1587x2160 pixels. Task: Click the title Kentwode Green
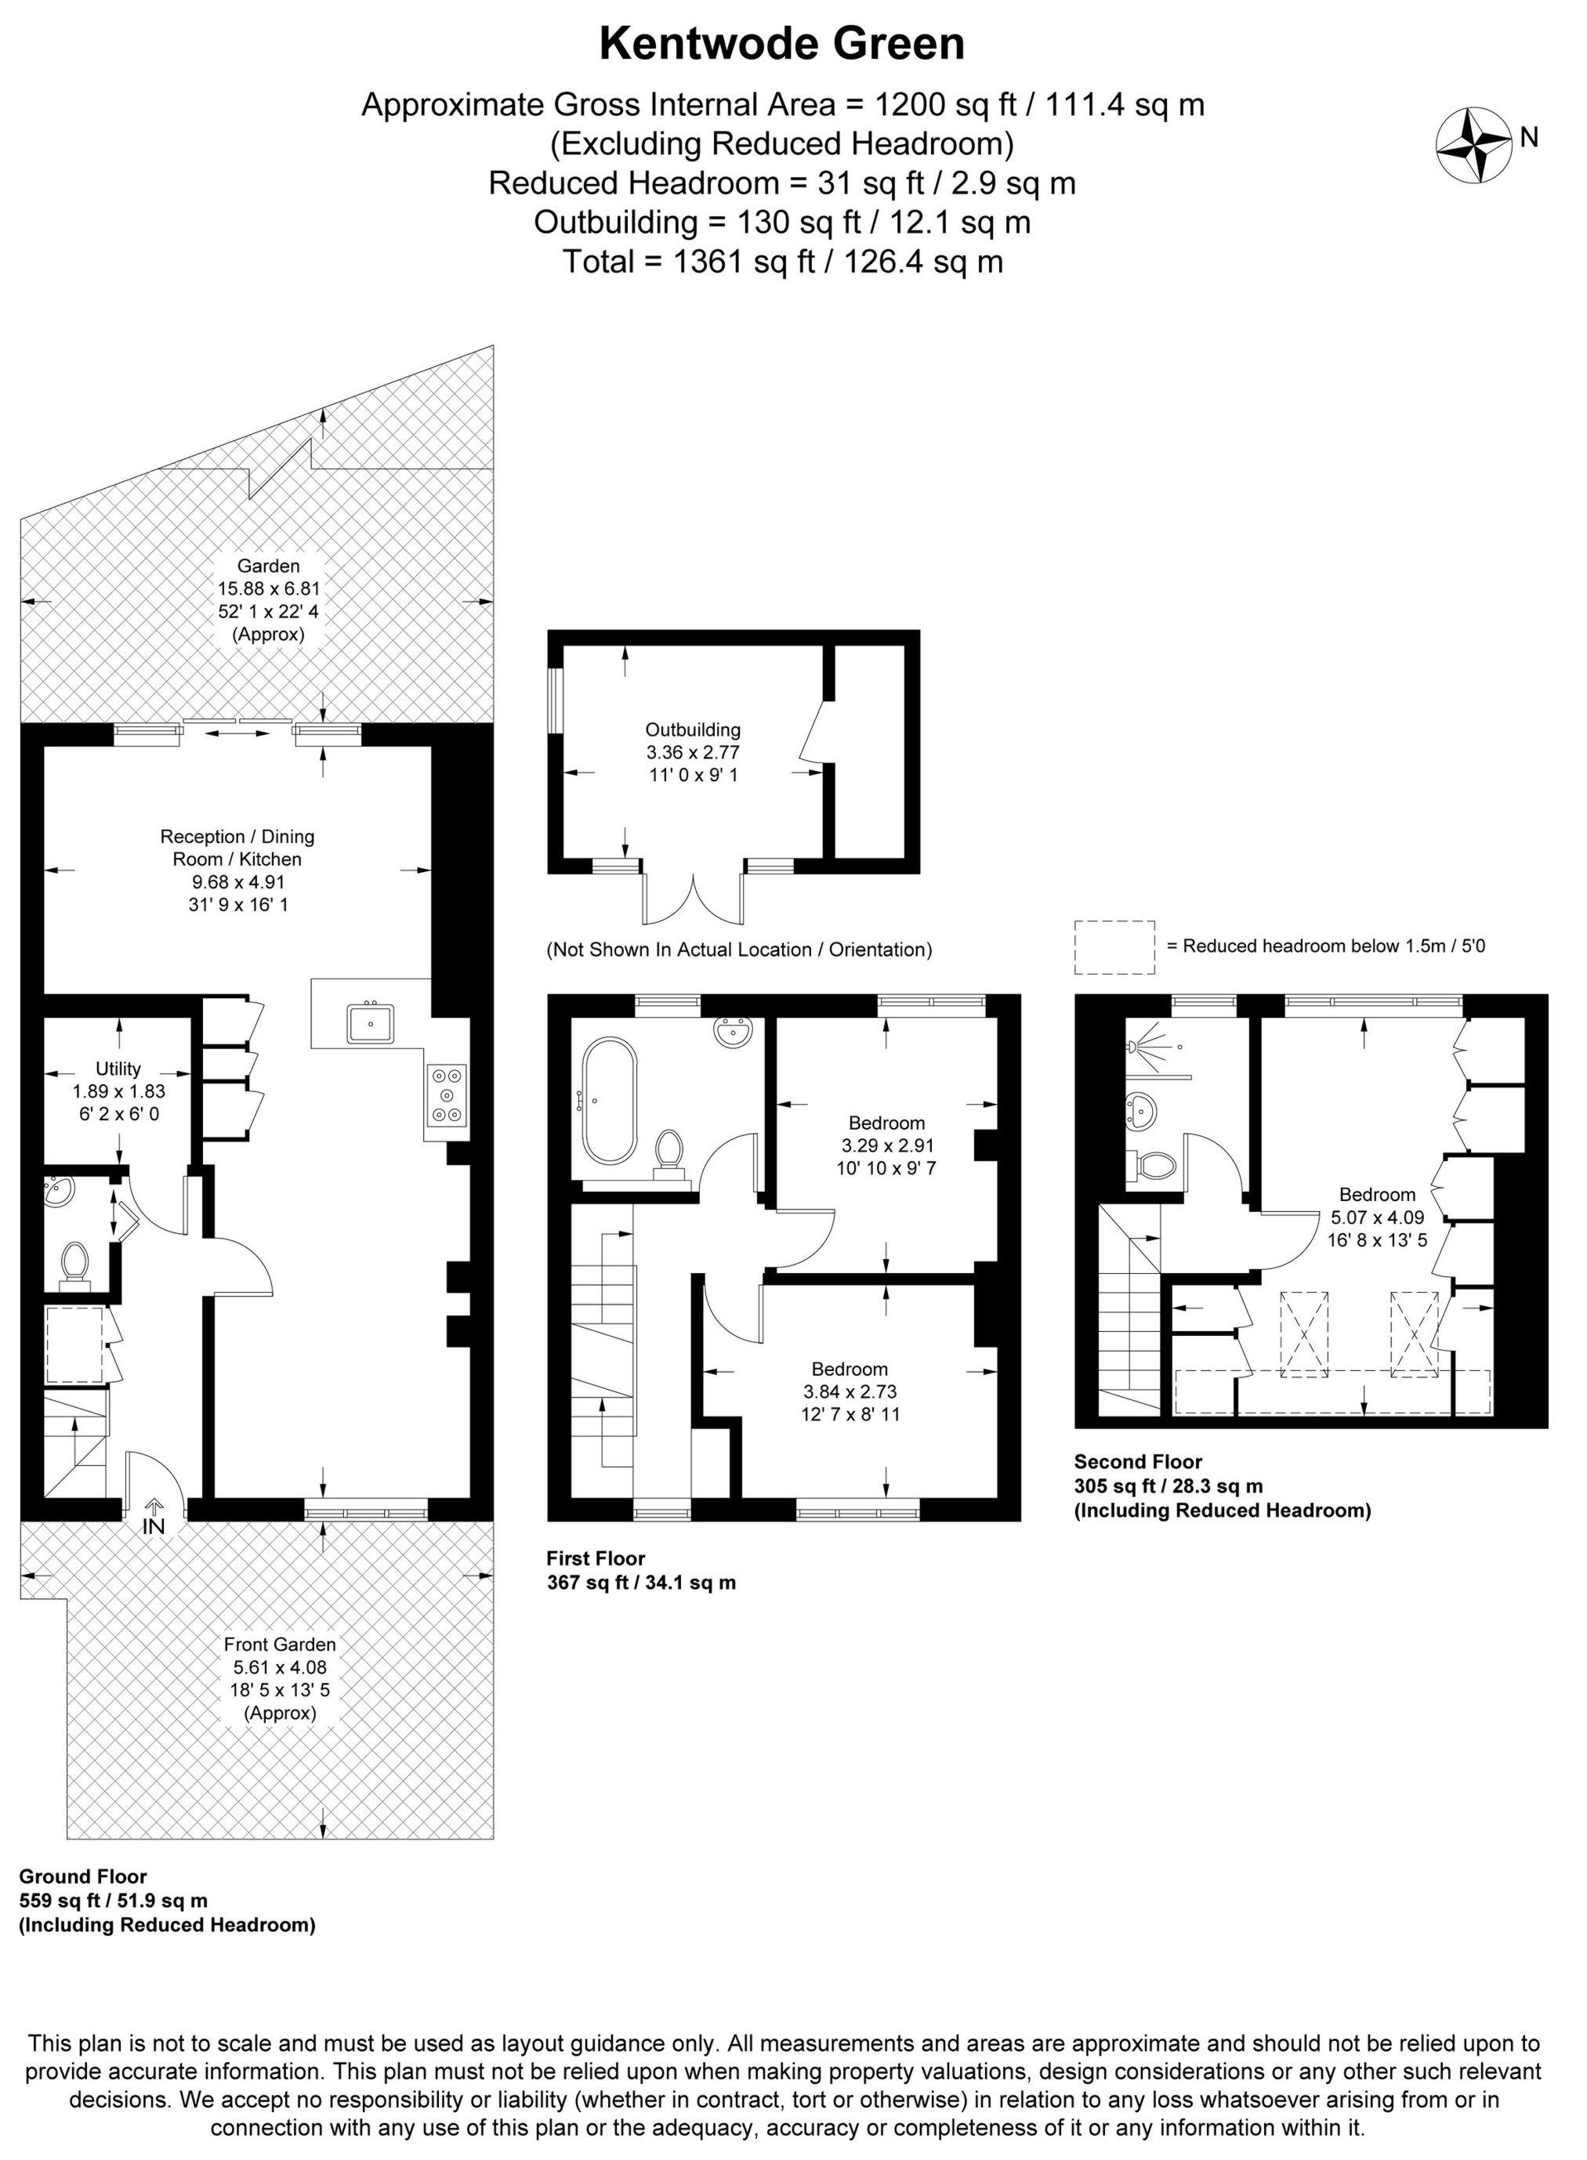pos(782,44)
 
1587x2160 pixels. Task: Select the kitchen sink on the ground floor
pos(371,1024)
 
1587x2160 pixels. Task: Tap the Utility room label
pos(118,1069)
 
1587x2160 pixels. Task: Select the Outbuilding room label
pos(693,730)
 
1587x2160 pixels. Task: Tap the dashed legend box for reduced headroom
pos(1114,947)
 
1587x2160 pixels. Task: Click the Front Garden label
pos(280,1644)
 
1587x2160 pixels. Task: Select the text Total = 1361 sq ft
pos(782,261)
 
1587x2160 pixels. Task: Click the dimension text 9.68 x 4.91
pos(237,881)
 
